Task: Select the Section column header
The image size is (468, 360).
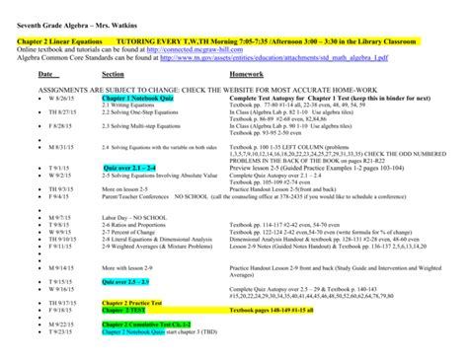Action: tap(113, 74)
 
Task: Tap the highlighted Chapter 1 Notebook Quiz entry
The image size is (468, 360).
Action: tap(136, 99)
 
